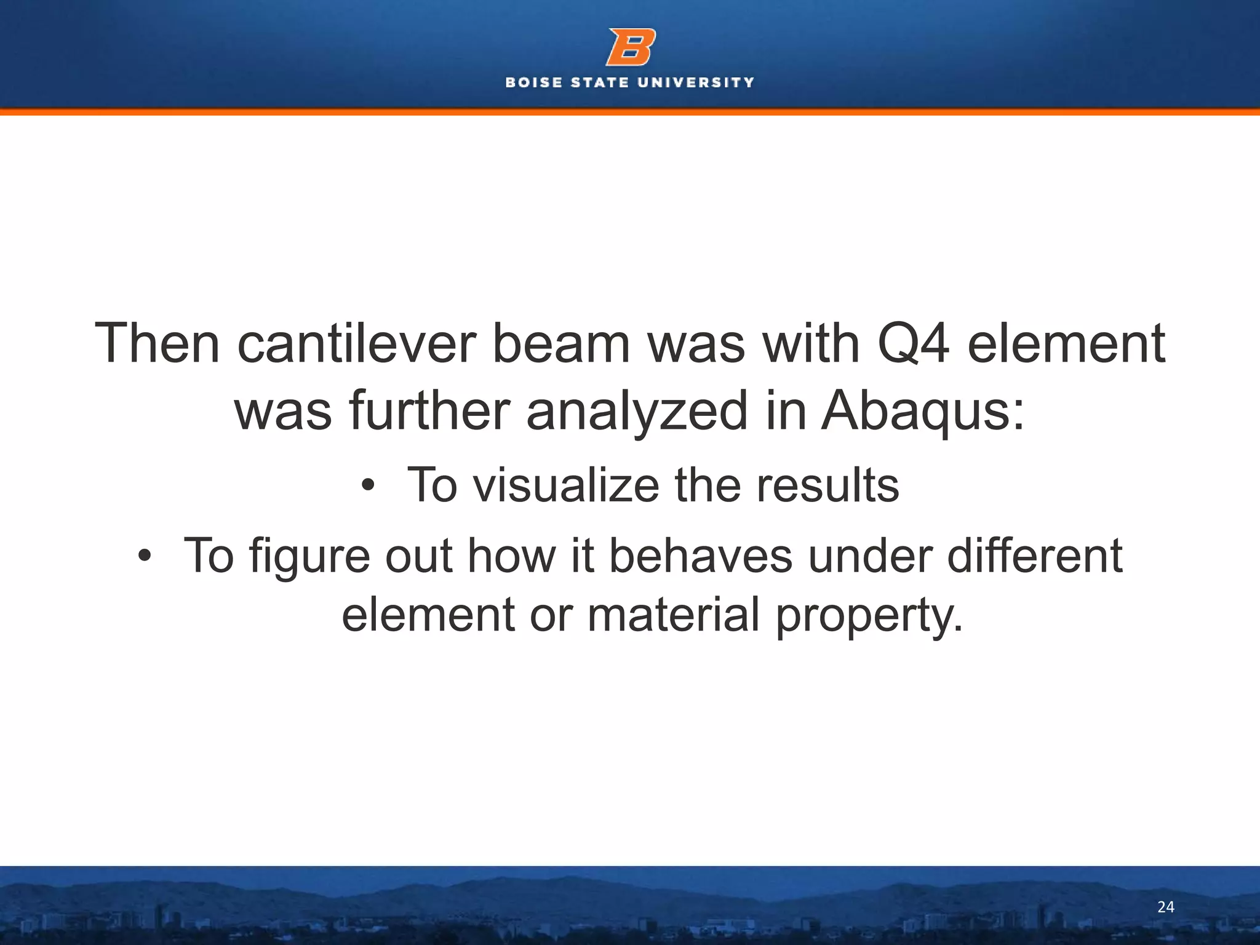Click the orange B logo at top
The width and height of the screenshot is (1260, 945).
630,47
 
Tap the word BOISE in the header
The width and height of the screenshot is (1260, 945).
533,82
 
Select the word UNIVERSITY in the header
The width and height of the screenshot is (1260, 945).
696,82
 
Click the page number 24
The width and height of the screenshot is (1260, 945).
1165,907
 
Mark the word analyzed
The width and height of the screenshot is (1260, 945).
637,411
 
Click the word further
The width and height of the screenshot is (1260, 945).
430,411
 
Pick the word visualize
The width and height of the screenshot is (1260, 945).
565,485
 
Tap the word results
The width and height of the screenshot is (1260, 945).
827,485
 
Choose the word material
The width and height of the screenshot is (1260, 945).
674,615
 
